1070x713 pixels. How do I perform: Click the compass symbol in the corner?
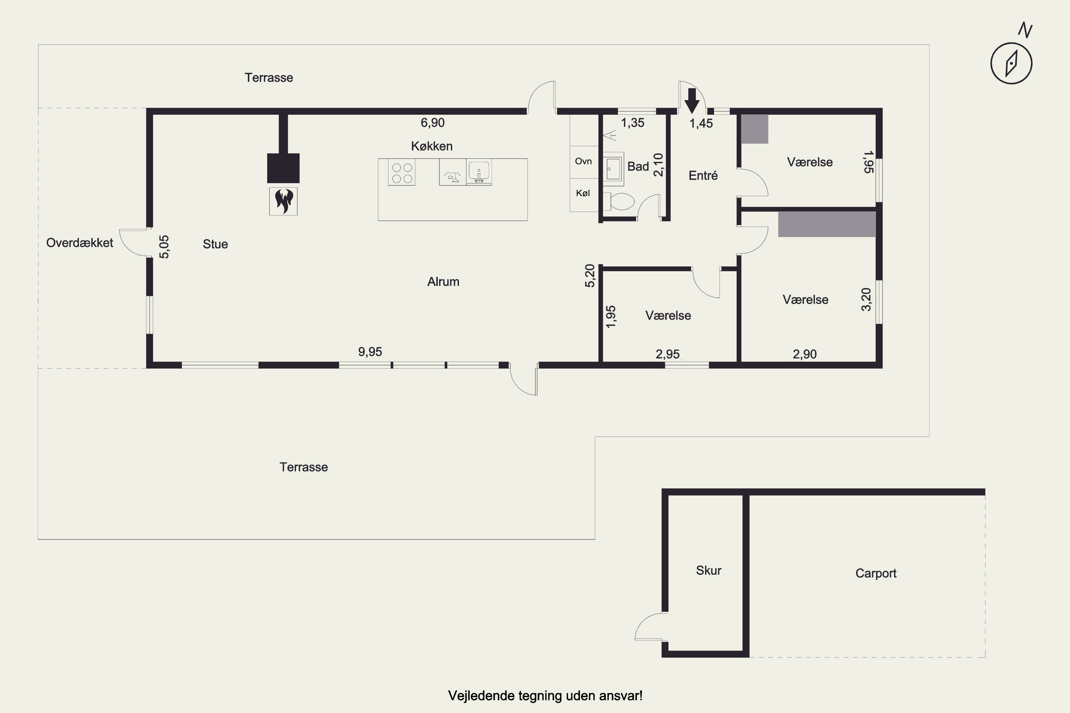(x=1011, y=63)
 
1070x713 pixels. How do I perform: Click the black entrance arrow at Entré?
(x=692, y=101)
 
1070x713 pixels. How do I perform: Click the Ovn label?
(x=583, y=161)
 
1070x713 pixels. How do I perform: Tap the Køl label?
(x=583, y=193)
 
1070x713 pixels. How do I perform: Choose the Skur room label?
(x=708, y=570)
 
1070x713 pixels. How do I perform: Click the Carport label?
(x=876, y=573)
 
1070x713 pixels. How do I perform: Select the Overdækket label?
(x=80, y=243)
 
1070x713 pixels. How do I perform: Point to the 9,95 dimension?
(x=370, y=352)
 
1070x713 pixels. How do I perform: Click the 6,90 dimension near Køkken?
(x=432, y=122)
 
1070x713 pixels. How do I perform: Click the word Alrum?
(x=443, y=282)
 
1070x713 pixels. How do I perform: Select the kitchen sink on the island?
(x=479, y=171)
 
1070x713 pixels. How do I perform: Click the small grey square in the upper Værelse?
(x=755, y=129)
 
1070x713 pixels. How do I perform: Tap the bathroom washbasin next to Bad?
(x=613, y=169)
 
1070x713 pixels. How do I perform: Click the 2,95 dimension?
(x=667, y=354)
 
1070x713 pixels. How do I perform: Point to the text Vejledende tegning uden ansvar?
(x=545, y=696)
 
